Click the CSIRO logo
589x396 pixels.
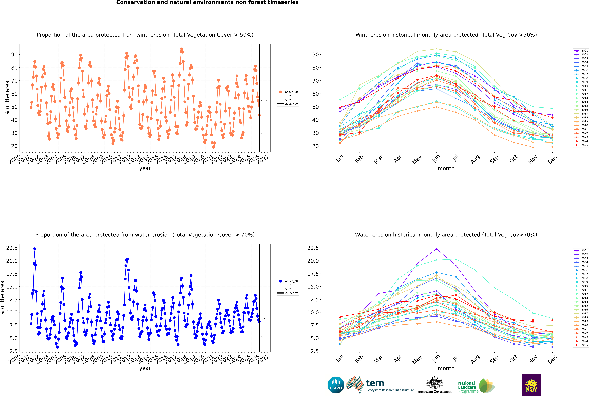point(336,385)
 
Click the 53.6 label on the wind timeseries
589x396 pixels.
point(264,101)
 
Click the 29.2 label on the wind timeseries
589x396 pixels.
point(264,133)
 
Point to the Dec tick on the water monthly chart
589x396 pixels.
point(552,359)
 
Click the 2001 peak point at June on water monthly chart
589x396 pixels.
point(436,249)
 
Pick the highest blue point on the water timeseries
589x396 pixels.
point(35,249)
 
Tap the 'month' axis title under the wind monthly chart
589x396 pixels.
point(446,168)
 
